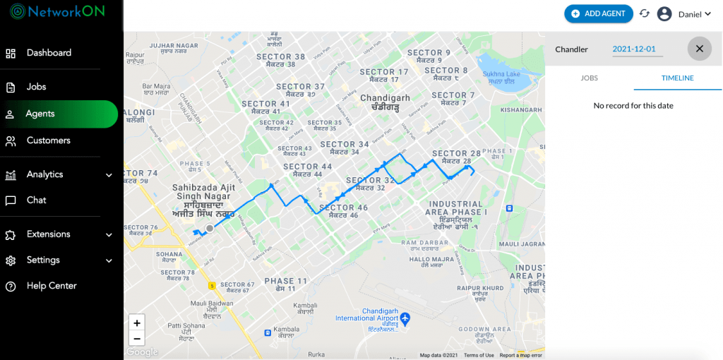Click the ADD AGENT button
point(598,13)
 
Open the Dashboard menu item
point(48,53)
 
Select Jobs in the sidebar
point(36,87)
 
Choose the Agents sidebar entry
point(40,114)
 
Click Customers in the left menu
point(48,140)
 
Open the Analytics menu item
point(44,174)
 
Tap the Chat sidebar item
point(36,200)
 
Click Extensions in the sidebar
point(48,234)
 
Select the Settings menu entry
point(42,260)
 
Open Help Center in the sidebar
point(51,286)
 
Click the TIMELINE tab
point(677,78)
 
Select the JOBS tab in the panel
point(589,78)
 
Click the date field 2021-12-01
point(634,49)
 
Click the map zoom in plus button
point(137,323)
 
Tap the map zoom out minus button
point(137,338)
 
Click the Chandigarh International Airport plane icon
point(405,319)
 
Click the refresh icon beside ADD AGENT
point(644,13)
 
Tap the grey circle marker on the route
point(210,228)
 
